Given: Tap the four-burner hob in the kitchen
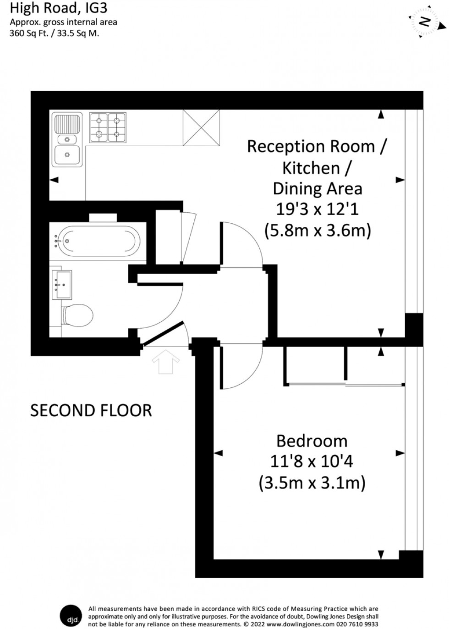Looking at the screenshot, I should point(107,127).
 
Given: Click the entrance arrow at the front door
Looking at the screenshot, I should point(165,362).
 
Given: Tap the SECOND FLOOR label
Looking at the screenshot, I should point(91,410).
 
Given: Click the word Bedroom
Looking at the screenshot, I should point(312,441).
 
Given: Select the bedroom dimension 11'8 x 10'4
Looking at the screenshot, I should point(312,461).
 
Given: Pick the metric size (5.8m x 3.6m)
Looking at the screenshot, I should point(318,231).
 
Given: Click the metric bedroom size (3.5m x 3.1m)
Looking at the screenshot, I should point(312,483).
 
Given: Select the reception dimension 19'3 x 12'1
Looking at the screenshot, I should point(317,210).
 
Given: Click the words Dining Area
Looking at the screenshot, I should point(317,188).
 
